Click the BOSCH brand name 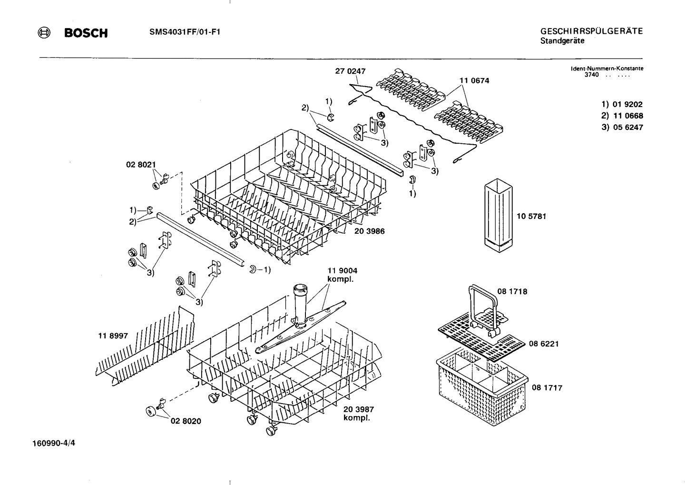click(86, 33)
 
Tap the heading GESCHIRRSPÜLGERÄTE click(591, 31)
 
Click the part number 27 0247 click(350, 71)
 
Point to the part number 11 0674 click(474, 80)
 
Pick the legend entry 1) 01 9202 click(622, 104)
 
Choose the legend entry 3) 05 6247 click(622, 127)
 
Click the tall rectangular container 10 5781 click(498, 215)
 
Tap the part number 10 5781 click(531, 216)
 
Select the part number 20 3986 click(369, 231)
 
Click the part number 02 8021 click(141, 165)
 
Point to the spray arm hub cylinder click(300, 305)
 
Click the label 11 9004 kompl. click(342, 275)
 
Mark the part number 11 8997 click(113, 336)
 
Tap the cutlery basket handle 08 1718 click(484, 305)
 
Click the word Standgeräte click(562, 41)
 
